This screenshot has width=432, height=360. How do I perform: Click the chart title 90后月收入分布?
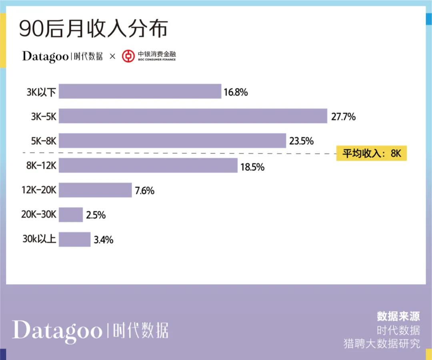coord(94,30)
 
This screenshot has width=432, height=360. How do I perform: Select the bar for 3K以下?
coord(140,92)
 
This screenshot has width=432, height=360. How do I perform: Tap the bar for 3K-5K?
coord(193,116)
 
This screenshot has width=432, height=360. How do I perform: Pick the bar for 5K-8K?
coord(172,141)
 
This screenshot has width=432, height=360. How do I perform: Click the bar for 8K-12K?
coord(148,165)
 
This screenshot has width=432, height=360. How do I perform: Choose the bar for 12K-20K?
coord(95,190)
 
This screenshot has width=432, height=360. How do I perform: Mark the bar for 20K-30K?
coord(71,215)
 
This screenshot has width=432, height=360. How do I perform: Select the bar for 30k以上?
coord(74,240)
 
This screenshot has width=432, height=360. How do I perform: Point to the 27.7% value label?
coord(343,117)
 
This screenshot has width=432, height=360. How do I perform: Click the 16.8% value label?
coord(236,92)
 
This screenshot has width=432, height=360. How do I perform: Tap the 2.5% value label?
coord(96,215)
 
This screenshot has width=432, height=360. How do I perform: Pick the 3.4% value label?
coord(103,240)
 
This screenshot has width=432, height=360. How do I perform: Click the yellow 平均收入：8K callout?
coord(372,153)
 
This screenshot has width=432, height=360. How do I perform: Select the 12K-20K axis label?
coord(39,190)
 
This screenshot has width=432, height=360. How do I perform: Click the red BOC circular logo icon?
coord(128,56)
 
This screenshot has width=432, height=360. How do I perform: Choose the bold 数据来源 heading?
coord(398,316)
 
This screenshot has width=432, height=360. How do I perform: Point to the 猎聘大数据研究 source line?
coord(382,343)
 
